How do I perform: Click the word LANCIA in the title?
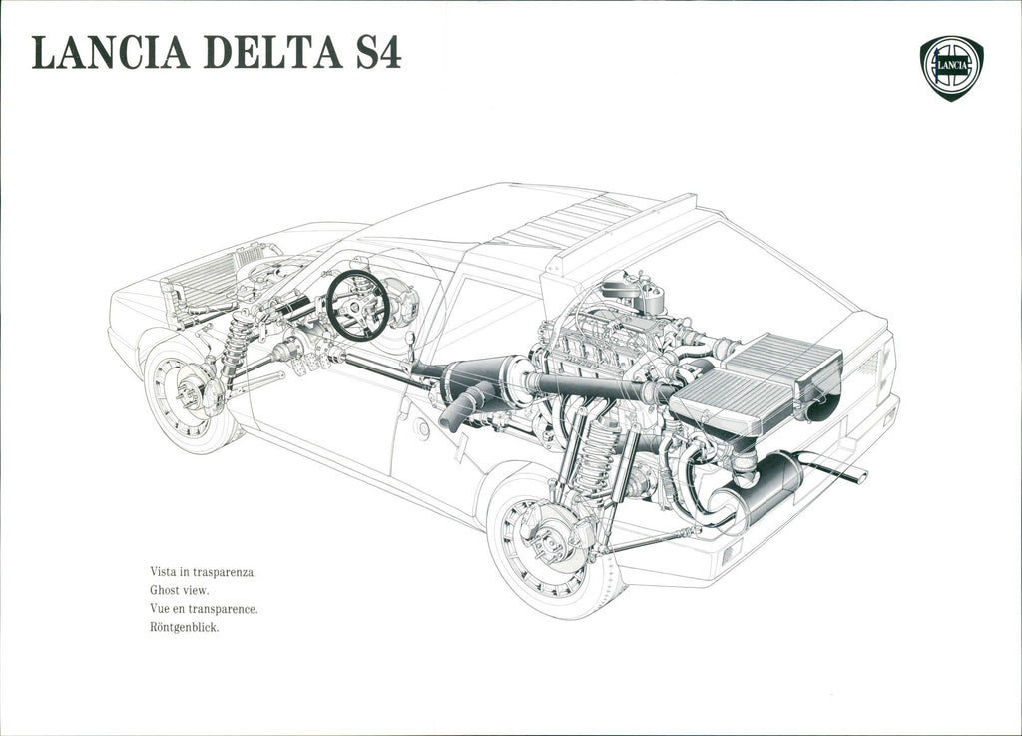(111, 53)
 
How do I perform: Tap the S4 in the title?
(378, 53)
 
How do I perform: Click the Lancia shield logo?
(951, 68)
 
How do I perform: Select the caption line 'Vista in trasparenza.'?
(204, 572)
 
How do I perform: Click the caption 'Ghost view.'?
(180, 590)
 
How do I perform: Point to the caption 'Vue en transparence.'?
(204, 609)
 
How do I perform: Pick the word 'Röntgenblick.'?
(185, 628)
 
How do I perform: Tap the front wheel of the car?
(189, 394)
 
